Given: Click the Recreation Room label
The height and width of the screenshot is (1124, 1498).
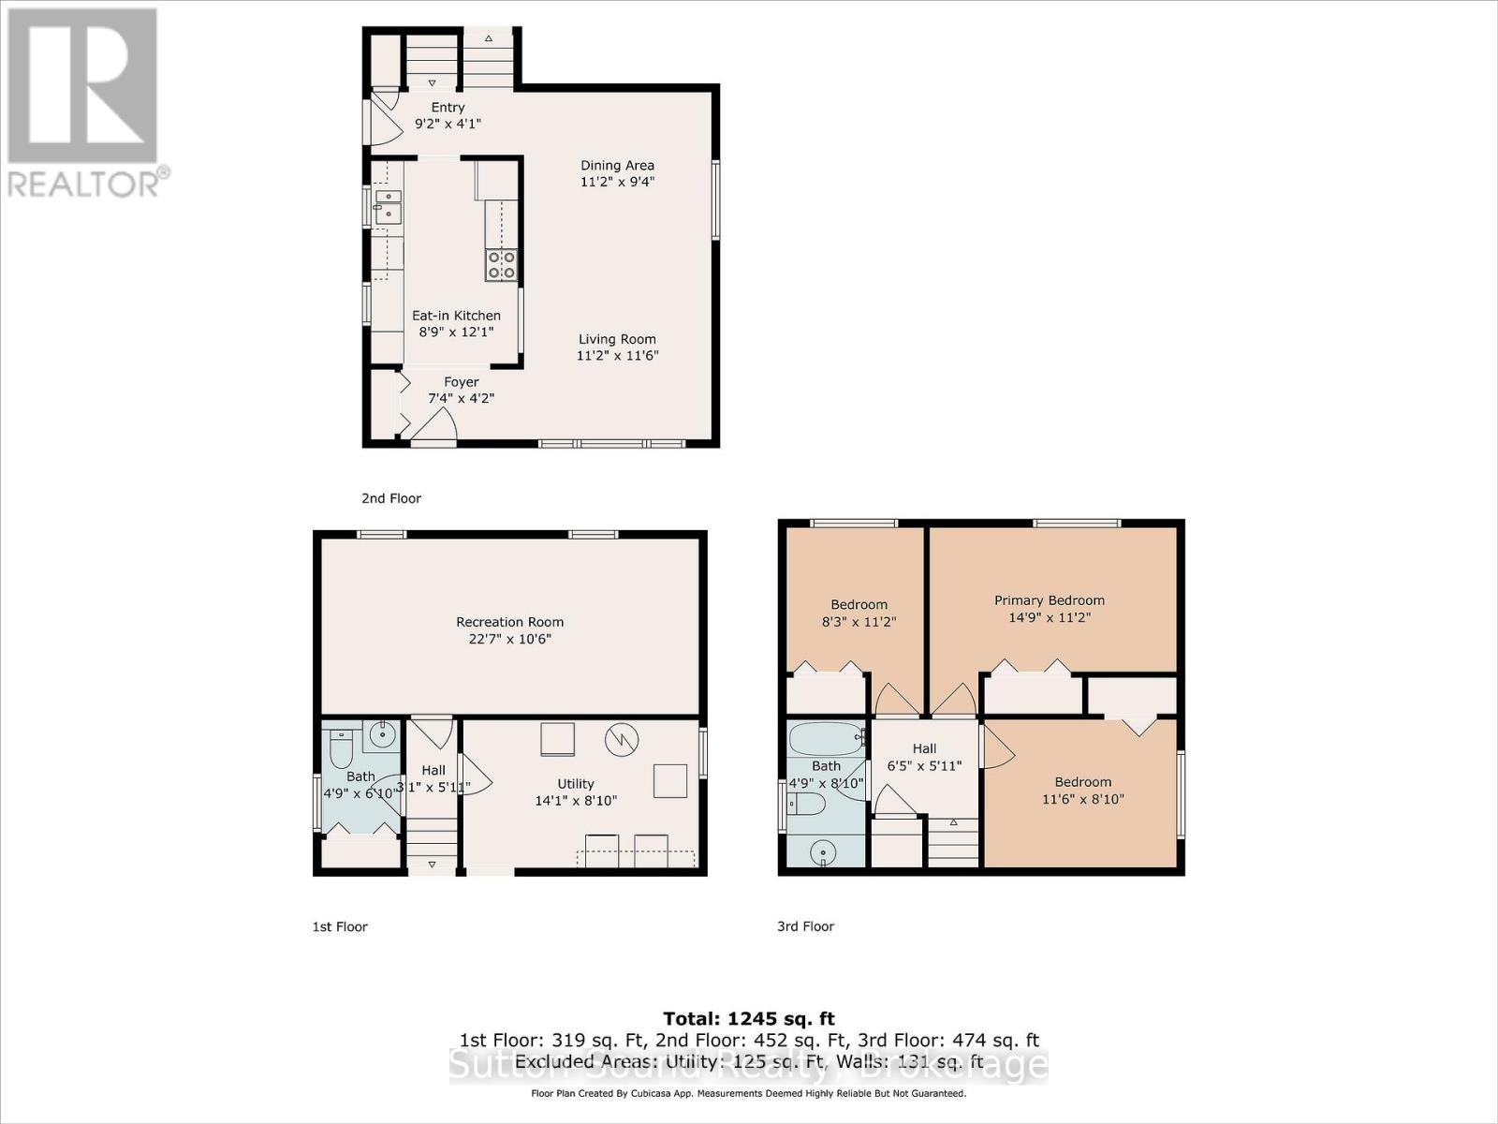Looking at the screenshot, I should point(509,622).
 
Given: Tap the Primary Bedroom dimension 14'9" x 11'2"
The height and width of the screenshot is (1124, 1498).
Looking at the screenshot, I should point(1049,617).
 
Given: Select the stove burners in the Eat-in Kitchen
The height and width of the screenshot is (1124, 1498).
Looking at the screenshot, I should point(501,265).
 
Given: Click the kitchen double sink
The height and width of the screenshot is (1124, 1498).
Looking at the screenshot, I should point(388,207).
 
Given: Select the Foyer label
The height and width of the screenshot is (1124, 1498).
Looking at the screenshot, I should point(461,382).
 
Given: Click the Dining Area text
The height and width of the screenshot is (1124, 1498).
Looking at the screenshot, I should point(617,166).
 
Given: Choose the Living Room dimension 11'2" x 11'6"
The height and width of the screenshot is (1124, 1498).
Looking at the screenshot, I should point(617,356).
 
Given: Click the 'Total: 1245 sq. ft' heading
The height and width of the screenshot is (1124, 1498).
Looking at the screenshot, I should point(748,1018).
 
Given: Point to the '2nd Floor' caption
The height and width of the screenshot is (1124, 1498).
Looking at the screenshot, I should point(391,498).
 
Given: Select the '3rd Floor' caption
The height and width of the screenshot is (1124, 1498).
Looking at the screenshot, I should point(805,926).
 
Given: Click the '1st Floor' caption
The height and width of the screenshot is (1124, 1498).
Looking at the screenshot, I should point(339,926).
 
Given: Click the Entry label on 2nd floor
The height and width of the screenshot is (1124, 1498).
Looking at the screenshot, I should point(448,108).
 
